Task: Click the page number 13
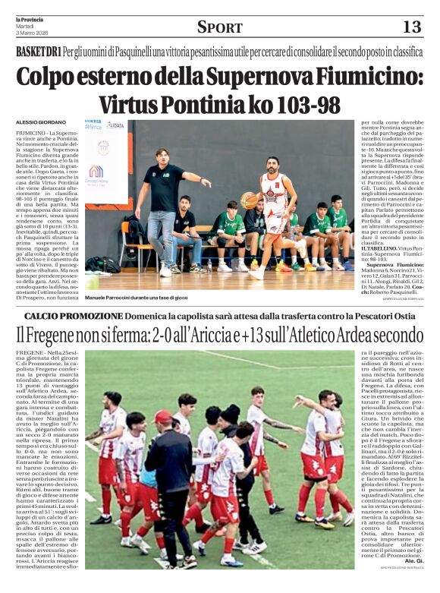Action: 411,27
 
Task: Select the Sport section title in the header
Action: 219,27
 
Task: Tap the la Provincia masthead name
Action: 30,20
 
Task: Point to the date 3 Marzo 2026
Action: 30,33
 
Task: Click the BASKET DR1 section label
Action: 39,52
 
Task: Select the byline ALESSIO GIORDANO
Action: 42,122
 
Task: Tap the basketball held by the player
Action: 248,200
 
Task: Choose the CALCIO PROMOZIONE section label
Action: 72,315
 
